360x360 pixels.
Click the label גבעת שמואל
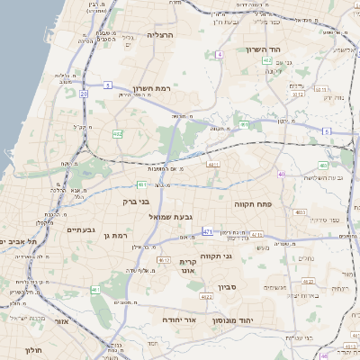pyautogui.click(x=172, y=216)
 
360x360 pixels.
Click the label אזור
pyautogui.click(x=62, y=321)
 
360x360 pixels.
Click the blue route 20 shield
pyautogui.click(x=83, y=93)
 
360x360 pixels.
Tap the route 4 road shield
pyautogui.click(x=219, y=54)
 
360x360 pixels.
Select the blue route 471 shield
pyautogui.click(x=208, y=231)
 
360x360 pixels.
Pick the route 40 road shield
pyautogui.click(x=282, y=174)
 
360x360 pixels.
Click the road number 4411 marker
pyautogui.click(x=213, y=165)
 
